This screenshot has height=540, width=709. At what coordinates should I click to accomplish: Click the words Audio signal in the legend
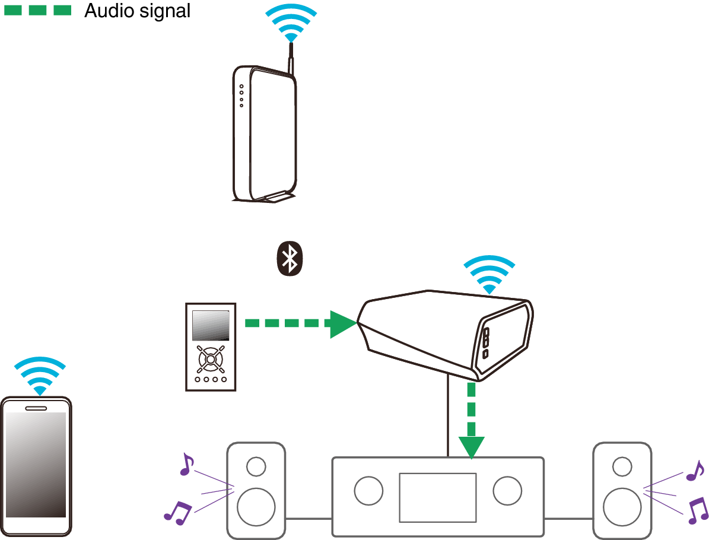click(x=137, y=11)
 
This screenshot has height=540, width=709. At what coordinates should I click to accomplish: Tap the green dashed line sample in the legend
click(x=37, y=11)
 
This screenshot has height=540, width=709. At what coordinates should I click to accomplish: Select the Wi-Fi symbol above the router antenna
click(x=291, y=24)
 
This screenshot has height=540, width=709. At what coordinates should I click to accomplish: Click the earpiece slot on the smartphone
click(x=36, y=408)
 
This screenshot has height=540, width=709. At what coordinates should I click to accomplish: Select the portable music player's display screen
click(x=211, y=325)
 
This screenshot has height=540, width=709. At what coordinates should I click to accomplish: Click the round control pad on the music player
click(x=211, y=358)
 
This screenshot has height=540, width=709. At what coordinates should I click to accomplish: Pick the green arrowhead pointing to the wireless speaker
click(x=343, y=324)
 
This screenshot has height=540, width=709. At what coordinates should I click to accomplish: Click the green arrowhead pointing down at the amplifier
click(x=471, y=447)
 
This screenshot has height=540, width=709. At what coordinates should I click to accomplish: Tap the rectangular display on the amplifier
click(x=438, y=497)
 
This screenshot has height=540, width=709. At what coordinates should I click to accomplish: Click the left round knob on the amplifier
click(x=368, y=491)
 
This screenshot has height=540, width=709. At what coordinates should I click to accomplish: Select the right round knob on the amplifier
click(x=507, y=491)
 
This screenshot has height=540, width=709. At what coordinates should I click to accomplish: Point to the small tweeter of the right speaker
click(x=622, y=467)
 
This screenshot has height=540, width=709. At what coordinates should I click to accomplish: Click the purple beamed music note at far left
click(x=177, y=512)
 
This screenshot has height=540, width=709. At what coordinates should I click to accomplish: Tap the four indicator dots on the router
click(x=241, y=96)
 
